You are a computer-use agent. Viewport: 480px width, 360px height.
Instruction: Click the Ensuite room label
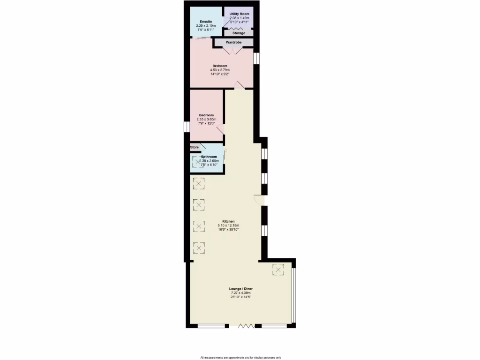click(206, 22)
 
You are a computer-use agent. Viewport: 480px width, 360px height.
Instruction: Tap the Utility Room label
click(239, 14)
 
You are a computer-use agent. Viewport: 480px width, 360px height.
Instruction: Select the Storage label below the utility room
click(239, 33)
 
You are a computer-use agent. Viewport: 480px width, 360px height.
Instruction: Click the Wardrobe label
click(233, 43)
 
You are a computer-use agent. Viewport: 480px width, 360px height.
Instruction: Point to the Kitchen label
click(228, 221)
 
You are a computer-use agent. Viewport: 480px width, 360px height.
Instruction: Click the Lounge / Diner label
click(241, 289)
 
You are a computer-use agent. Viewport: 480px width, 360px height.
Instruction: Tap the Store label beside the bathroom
click(195, 147)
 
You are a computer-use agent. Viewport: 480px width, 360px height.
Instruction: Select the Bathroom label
click(209, 157)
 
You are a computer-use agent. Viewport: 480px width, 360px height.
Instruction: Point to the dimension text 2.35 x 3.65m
click(206, 120)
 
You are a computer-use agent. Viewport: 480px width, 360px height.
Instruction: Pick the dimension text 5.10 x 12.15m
click(228, 225)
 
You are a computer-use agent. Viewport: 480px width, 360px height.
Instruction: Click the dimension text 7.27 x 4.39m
click(241, 293)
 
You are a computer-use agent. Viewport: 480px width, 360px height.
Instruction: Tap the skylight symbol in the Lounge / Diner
click(278, 269)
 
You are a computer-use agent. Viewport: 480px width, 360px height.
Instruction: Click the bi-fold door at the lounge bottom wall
click(245, 325)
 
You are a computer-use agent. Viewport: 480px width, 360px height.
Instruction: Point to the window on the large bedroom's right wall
click(256, 58)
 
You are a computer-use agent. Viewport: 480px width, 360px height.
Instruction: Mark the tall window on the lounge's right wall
click(293, 295)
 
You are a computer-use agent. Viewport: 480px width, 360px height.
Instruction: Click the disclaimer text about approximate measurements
click(240, 357)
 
